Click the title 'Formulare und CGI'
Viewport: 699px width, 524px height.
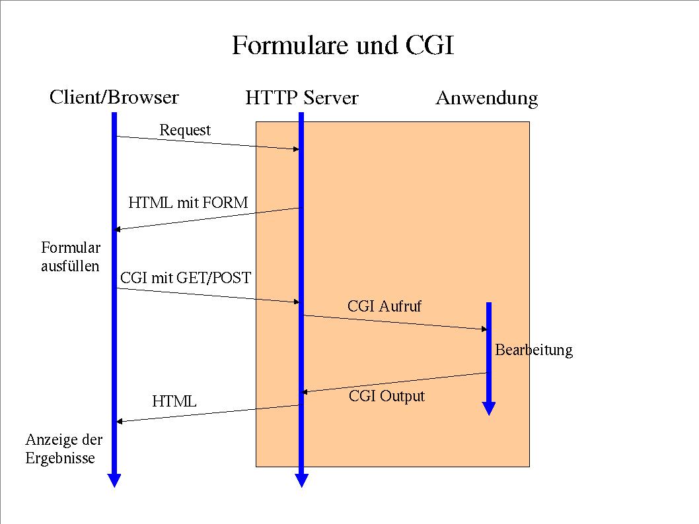(x=343, y=46)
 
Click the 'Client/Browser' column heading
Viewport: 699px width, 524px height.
(x=114, y=98)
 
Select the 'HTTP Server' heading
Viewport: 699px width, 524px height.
(x=301, y=98)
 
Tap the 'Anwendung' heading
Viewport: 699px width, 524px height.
(x=486, y=99)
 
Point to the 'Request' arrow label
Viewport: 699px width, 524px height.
(x=185, y=131)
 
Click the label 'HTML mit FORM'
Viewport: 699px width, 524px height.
(x=188, y=203)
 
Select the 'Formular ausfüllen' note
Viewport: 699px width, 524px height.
(x=71, y=257)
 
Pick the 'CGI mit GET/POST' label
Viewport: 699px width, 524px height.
(x=186, y=278)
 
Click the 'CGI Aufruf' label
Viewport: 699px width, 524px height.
(x=384, y=306)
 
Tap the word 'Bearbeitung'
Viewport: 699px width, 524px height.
(x=534, y=350)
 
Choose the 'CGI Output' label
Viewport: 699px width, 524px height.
(x=386, y=396)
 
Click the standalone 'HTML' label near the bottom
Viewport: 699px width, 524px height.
(x=174, y=401)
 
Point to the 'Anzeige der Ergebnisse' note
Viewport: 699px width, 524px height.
(x=64, y=449)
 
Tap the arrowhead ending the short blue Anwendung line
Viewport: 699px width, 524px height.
(x=489, y=409)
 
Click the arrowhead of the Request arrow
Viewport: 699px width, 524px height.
(x=296, y=149)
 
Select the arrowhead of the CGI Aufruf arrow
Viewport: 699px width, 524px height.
(x=484, y=329)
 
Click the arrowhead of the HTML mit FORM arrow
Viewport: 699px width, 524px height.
(x=118, y=229)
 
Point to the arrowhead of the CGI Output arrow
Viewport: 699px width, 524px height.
(x=305, y=393)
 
